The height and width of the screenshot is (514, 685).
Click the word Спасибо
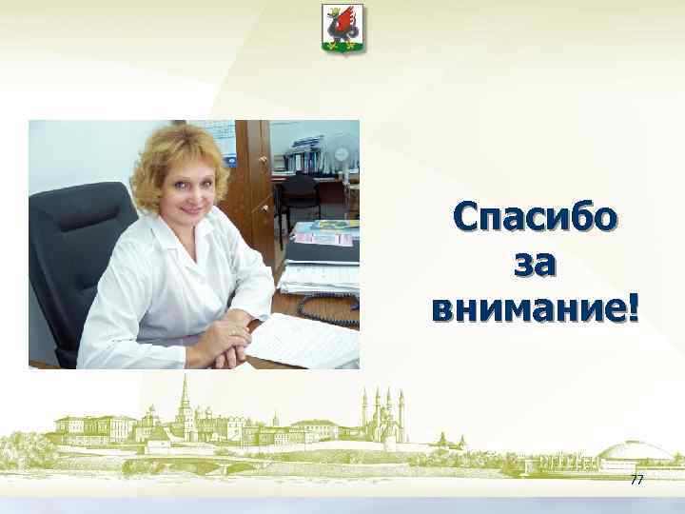click(x=535, y=218)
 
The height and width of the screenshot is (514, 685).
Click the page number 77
click(x=636, y=481)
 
